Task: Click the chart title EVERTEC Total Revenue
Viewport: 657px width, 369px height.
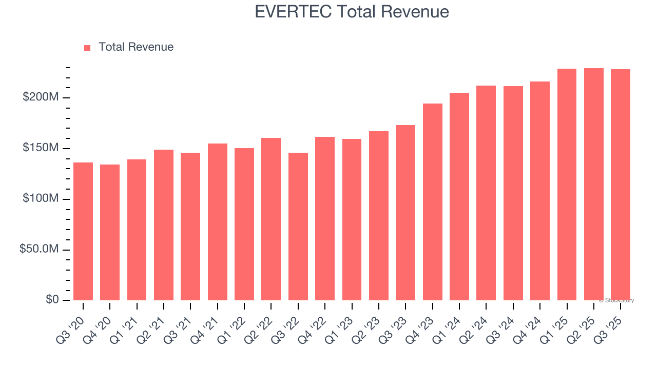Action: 352,12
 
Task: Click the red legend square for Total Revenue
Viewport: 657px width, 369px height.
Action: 87,48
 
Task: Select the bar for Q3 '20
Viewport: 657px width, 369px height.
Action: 83,231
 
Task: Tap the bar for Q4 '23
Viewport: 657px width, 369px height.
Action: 433,202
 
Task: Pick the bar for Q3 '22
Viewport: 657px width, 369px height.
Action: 298,227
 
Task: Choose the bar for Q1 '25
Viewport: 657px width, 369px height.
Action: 567,184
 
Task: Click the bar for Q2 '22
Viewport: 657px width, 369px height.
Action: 271,219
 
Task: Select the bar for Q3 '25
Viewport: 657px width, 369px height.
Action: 621,184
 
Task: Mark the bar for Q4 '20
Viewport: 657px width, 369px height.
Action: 110,232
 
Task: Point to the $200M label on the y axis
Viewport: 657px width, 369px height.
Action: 41,97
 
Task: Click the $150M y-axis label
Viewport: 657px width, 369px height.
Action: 41,148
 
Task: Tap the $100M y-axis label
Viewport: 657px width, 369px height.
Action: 41,198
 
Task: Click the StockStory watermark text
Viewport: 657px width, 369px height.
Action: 616,300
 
